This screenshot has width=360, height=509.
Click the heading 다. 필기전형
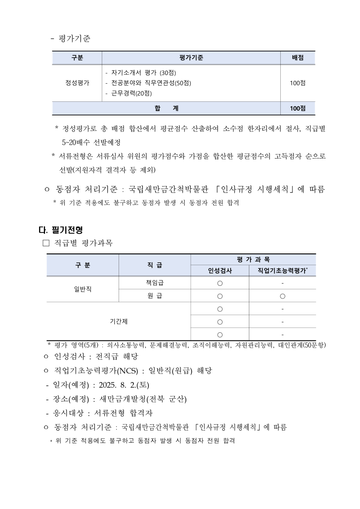(x=61, y=230)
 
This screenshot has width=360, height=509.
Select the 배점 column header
(x=298, y=58)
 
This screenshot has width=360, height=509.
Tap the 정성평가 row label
(x=78, y=83)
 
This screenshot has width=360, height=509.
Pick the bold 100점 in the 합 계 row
(x=298, y=108)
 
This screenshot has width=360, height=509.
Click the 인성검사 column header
(x=220, y=271)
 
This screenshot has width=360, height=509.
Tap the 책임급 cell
(x=155, y=283)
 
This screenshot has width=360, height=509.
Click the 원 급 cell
(x=155, y=296)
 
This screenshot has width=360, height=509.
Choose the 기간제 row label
(x=119, y=321)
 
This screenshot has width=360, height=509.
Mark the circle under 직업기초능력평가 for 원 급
(x=282, y=296)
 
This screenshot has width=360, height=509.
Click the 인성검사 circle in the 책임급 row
(x=220, y=283)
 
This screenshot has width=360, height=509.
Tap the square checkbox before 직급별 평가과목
(x=45, y=243)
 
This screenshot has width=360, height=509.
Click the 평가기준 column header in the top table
(x=191, y=58)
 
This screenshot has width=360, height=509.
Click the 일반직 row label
(x=82, y=289)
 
